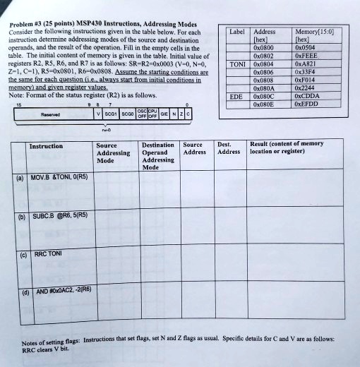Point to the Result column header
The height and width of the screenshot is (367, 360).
pos(287,148)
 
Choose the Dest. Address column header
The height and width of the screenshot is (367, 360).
pos(229,148)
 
